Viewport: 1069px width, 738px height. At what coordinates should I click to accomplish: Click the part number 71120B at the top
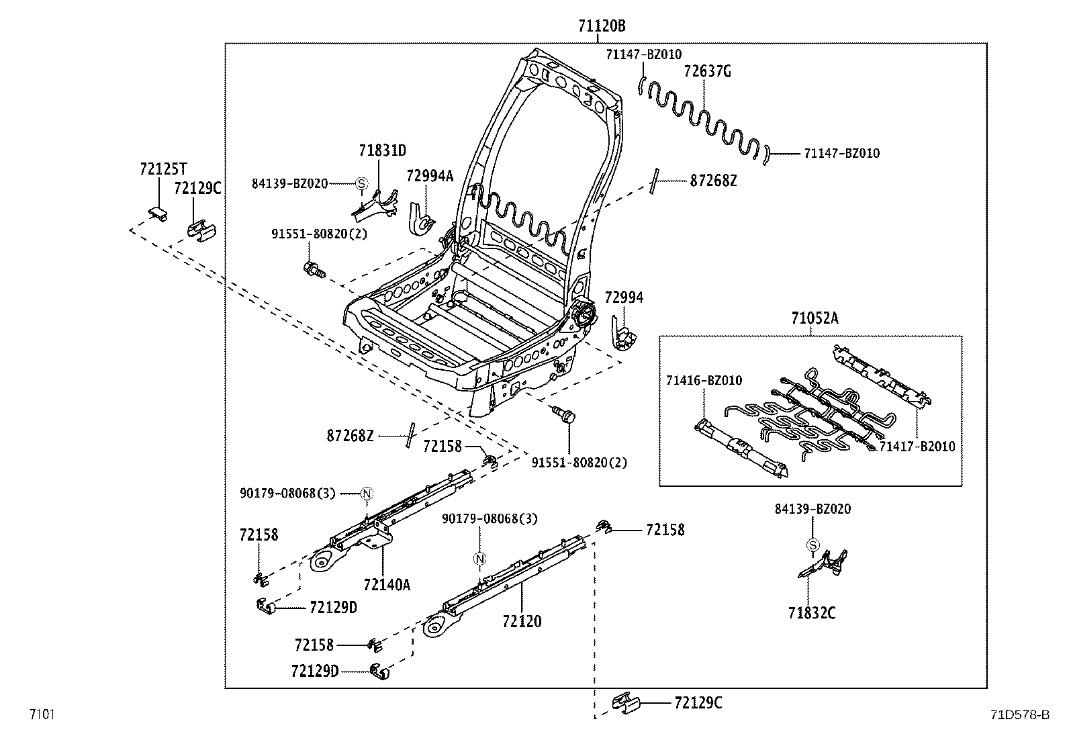tap(602, 26)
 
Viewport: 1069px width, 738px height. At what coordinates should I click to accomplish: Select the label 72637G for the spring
tap(706, 71)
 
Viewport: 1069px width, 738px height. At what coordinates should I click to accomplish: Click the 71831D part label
tap(381, 150)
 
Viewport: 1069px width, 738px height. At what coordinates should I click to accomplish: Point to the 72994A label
tap(430, 176)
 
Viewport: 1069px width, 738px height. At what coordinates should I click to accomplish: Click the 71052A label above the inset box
tap(815, 318)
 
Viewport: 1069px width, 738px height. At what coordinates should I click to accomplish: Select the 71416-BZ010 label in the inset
tap(704, 381)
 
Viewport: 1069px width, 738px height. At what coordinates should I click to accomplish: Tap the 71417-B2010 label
tap(917, 447)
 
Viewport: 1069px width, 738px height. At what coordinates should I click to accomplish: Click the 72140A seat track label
tap(386, 585)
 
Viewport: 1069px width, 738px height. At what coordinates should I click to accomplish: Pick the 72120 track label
tap(521, 622)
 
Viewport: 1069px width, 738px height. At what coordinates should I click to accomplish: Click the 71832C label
tap(812, 612)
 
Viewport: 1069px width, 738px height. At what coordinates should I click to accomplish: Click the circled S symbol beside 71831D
tap(361, 183)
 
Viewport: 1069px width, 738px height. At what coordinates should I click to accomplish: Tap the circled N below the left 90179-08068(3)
tap(367, 494)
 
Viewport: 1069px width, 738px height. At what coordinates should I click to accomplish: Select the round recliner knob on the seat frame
tap(584, 314)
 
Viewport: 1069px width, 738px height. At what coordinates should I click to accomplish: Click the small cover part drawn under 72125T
tap(157, 213)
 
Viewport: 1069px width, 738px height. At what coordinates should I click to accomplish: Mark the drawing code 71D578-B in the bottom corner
tap(1018, 714)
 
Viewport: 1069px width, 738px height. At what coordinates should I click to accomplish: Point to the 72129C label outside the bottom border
tap(698, 703)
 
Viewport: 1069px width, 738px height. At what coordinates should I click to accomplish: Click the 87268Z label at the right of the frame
tap(713, 181)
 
